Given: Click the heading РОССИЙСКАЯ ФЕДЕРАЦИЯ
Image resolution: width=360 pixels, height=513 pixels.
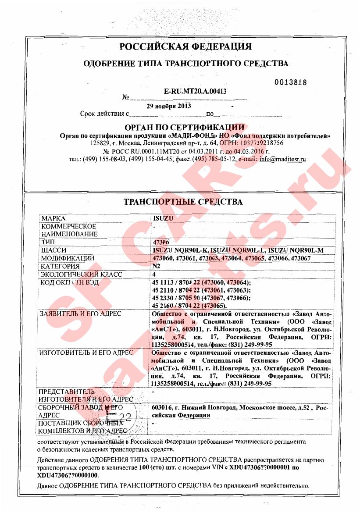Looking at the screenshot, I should pos(186,46).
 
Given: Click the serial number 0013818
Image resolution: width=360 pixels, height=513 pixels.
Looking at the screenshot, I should pos(291,82).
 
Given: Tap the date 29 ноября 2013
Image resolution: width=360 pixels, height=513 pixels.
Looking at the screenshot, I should pos(169,106).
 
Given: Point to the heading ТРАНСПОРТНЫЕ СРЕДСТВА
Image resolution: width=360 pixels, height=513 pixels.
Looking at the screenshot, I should pos(183,202).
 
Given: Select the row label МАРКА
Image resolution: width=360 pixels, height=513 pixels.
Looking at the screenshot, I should pos(53,218).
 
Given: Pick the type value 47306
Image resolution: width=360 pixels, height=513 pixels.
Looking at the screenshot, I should pos(160,242).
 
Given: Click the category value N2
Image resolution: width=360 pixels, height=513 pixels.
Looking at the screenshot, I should pos(156,266).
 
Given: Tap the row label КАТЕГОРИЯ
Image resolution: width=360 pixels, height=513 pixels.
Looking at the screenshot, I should pos(60,266).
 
